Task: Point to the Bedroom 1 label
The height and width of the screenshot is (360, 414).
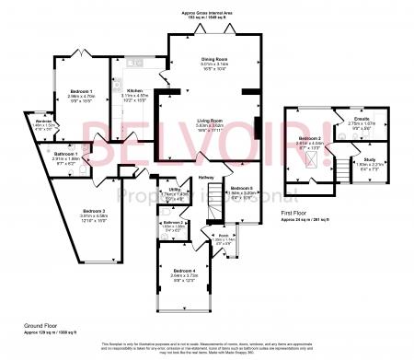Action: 83,91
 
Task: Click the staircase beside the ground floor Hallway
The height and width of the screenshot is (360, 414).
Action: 208,213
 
